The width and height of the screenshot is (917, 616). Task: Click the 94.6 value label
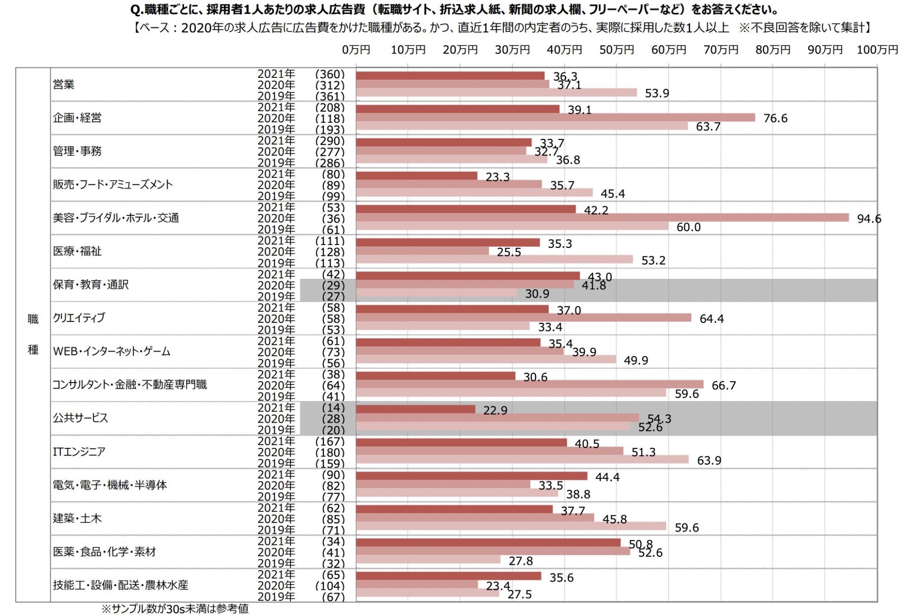pos(869,219)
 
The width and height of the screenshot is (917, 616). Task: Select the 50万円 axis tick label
pos(617,50)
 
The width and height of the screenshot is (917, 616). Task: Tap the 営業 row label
pos(64,85)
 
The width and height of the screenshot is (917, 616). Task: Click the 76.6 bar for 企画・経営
pos(555,117)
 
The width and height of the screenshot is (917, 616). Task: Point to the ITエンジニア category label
pos(79,451)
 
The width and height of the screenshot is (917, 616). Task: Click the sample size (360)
pos(330,74)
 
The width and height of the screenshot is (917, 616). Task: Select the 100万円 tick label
pos(877,50)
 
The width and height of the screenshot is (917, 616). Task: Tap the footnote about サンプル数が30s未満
pos(175,608)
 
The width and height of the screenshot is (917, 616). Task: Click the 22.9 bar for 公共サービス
pos(416,409)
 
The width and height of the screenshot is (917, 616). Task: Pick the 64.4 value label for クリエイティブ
pos(711,319)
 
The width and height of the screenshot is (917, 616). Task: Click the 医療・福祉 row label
pos(77,251)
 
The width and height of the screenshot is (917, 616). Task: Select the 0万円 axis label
pos(356,50)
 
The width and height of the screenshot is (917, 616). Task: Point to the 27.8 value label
pos(521,561)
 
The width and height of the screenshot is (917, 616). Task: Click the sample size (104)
pos(330,586)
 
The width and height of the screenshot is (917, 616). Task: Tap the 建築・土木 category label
pos(77,518)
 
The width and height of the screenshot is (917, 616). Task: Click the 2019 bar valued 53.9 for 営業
pos(496,93)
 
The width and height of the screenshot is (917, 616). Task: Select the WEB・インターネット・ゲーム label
pos(111,351)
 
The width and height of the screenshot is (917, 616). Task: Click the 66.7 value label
pos(724,385)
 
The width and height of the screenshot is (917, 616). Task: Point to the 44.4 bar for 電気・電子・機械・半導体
pos(471,476)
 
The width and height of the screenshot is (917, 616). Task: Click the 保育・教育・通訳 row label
pos(90,285)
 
